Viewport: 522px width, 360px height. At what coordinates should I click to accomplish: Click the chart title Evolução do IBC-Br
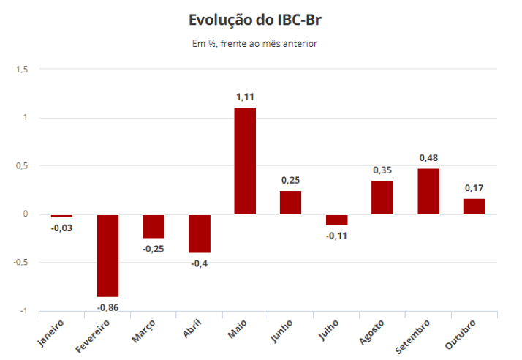tap(254, 19)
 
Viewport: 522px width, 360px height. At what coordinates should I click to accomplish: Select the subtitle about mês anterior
tap(254, 43)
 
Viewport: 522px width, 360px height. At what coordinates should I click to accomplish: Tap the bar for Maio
tap(245, 161)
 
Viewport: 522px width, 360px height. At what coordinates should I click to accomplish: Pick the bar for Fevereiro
tap(107, 255)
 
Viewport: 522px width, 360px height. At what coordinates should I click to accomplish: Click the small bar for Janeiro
tap(61, 216)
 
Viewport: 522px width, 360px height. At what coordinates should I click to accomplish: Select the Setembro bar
tap(428, 192)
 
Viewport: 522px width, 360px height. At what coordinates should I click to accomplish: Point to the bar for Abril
tap(199, 233)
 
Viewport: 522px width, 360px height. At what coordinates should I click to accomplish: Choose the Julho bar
tap(336, 220)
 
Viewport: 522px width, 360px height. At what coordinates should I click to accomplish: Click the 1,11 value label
tap(245, 97)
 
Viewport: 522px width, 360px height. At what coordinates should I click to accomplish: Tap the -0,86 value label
tap(107, 307)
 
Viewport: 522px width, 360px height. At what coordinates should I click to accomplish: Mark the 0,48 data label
tap(428, 158)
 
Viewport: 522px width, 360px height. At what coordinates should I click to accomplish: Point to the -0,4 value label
tap(199, 263)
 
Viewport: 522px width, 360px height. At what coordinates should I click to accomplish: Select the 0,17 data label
tap(474, 188)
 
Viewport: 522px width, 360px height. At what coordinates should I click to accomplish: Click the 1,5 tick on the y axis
tap(21, 70)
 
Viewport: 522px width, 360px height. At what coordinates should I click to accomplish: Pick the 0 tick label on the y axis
tap(25, 214)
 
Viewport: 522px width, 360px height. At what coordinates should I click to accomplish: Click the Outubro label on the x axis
tap(462, 333)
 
